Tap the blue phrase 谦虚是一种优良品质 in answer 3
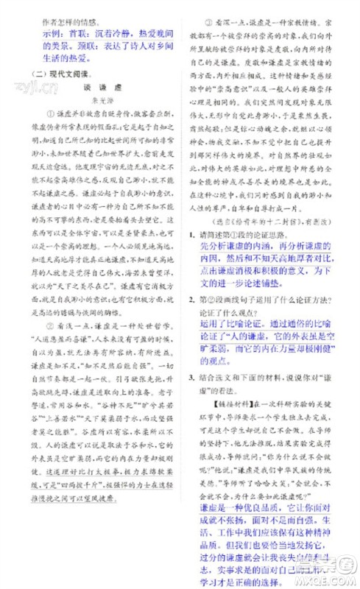point(243,528)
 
